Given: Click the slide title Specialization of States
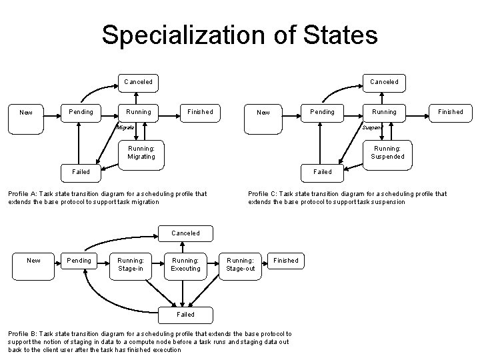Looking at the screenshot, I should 239,35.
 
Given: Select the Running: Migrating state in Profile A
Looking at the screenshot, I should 141,152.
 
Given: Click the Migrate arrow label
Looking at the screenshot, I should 125,127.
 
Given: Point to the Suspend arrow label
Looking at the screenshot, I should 371,127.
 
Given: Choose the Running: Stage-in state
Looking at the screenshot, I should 130,264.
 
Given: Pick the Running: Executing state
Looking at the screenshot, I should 185,264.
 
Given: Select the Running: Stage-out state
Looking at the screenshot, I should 240,264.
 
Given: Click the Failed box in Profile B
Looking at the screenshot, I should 185,314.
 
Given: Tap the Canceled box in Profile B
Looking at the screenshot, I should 185,233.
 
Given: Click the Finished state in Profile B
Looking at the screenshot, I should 286,260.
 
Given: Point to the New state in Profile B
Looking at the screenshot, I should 33,260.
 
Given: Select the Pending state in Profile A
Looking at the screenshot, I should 81,111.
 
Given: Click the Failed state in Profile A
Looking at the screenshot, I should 81,171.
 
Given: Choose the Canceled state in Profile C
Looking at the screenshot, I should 384,82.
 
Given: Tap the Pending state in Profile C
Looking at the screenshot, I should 323,111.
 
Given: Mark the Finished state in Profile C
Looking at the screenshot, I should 450,111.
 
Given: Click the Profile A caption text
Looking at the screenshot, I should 107,198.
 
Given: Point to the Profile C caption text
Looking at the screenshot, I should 347,198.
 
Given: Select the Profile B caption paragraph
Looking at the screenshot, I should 149,341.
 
